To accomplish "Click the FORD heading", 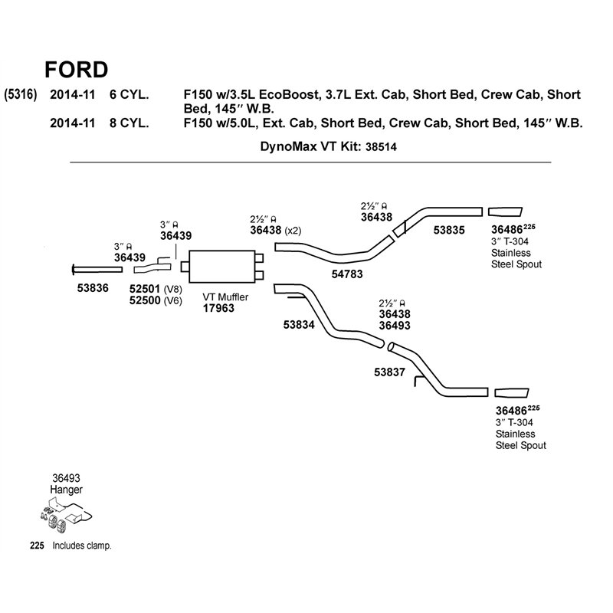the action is (x=76, y=70).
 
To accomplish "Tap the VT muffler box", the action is (x=221, y=266).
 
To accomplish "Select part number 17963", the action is (x=218, y=308).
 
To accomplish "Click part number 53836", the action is (x=93, y=288).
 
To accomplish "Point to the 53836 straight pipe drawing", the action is (x=97, y=270).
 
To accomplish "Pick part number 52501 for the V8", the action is (x=145, y=289).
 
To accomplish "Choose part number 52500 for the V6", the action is (x=145, y=300).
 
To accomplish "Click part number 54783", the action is (x=347, y=274).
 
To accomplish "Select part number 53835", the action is (x=449, y=230).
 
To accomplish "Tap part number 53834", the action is (x=299, y=324).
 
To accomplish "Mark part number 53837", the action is (x=389, y=372).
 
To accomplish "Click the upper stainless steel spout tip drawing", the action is (x=505, y=211).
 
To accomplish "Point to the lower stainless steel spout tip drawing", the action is (x=512, y=393).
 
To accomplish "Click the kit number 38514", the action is (x=381, y=147).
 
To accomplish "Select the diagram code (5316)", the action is (x=21, y=94).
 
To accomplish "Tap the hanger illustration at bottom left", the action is (x=66, y=515).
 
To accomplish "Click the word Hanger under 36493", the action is (x=66, y=490).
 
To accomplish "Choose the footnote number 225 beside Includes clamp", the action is (x=37, y=546).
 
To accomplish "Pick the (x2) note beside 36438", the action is (x=293, y=231).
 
